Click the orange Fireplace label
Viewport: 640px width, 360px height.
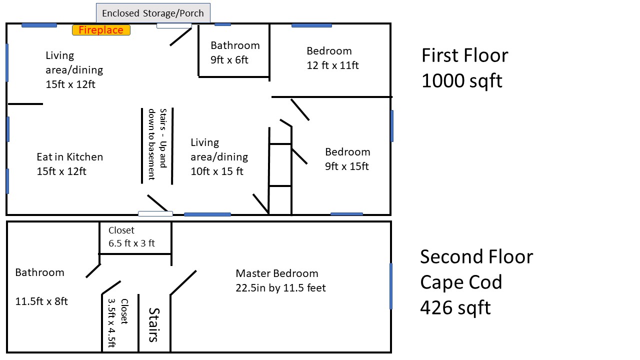pyautogui.click(x=101, y=30)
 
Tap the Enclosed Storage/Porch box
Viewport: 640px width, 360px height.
pyautogui.click(x=153, y=13)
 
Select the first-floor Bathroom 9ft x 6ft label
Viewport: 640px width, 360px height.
pyautogui.click(x=235, y=52)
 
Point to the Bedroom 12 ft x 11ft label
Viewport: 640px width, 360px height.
pyautogui.click(x=332, y=58)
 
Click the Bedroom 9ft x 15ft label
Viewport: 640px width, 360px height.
pyautogui.click(x=347, y=159)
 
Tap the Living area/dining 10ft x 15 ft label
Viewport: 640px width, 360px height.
pyautogui.click(x=219, y=157)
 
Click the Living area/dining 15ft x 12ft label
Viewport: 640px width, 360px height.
pyautogui.click(x=74, y=69)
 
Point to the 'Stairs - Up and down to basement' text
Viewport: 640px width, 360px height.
pyautogui.click(x=157, y=144)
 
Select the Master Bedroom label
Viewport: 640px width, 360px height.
pyautogui.click(x=280, y=280)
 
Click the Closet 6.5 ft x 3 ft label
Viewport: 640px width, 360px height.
pyautogui.click(x=131, y=236)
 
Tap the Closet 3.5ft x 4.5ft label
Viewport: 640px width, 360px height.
pyautogui.click(x=118, y=323)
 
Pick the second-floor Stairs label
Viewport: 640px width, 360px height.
pyautogui.click(x=154, y=325)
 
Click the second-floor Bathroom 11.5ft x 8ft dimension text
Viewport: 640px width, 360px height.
pyautogui.click(x=41, y=301)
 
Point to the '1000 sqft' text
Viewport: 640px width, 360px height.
pyautogui.click(x=461, y=80)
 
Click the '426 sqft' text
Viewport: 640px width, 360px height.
pyautogui.click(x=455, y=307)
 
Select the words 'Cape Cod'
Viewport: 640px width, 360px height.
pyautogui.click(x=461, y=282)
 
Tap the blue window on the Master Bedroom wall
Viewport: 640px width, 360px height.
pyautogui.click(x=391, y=286)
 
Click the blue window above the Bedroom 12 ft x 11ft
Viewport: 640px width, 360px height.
pyautogui.click(x=311, y=25)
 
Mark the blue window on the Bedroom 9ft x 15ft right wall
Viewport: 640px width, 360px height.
pyautogui.click(x=392, y=126)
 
